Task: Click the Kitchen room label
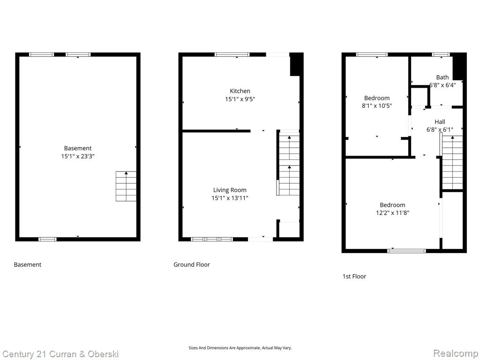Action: tap(240, 91)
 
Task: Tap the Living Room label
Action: tap(230, 190)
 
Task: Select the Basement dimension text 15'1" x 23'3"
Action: tap(78, 156)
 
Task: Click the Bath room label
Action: tap(442, 77)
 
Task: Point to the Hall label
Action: tap(440, 122)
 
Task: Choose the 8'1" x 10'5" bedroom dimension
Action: tap(377, 106)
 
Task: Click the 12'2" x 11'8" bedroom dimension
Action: tap(392, 213)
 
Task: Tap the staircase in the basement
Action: tap(126, 186)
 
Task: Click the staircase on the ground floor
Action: tap(288, 163)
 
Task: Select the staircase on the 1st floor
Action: tap(451, 163)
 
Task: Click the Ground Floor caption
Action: tap(192, 265)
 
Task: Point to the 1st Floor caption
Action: tap(354, 277)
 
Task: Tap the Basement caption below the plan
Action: tap(28, 265)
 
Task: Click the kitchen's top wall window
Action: tap(232, 55)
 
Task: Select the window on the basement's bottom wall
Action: tap(47, 240)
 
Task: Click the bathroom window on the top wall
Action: tap(441, 55)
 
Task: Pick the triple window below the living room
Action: tap(212, 240)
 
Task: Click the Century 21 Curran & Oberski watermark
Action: tap(60, 354)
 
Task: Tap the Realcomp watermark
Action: tap(456, 353)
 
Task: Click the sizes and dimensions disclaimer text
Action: tap(240, 348)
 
